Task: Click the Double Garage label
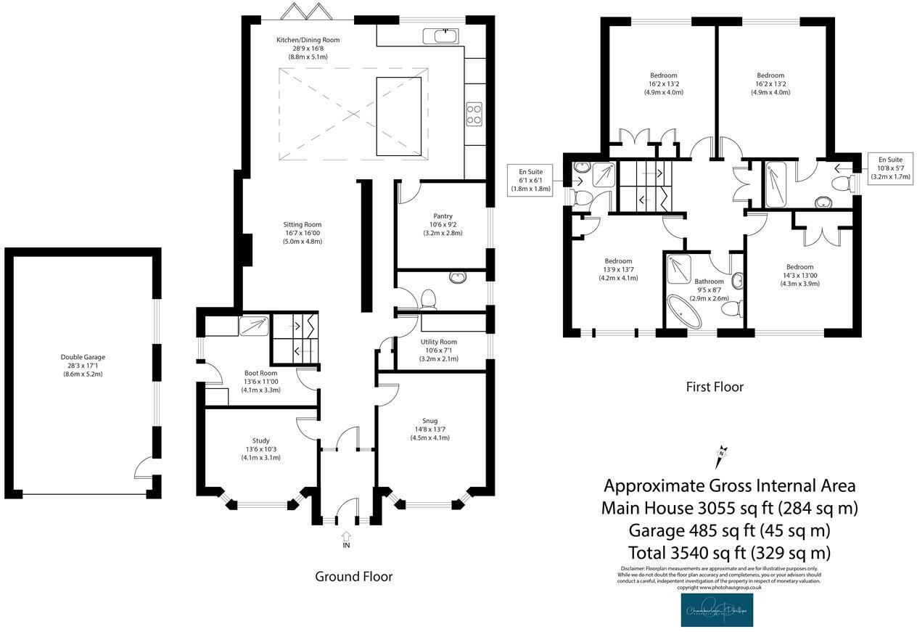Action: [x=83, y=366]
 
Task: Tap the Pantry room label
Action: [x=443, y=224]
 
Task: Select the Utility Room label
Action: [x=439, y=350]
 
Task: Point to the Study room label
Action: [x=261, y=448]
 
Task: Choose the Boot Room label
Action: [x=261, y=382]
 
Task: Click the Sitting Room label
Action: [x=302, y=233]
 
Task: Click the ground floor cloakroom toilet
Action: [x=428, y=298]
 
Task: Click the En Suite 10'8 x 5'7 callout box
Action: [x=890, y=168]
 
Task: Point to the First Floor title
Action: [x=714, y=387]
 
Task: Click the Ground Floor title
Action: [x=353, y=576]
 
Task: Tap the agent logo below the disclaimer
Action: [x=716, y=610]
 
